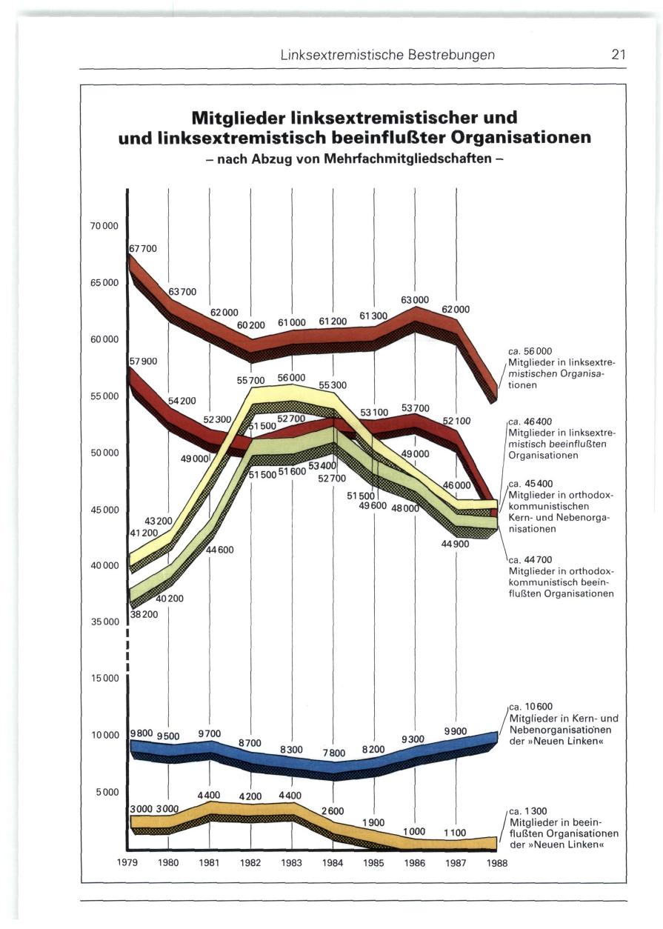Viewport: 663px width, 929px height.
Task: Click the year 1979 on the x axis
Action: (x=128, y=862)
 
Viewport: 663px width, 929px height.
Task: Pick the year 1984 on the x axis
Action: (x=333, y=862)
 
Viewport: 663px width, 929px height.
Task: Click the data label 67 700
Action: (x=143, y=249)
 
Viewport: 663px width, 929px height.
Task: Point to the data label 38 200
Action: (x=144, y=613)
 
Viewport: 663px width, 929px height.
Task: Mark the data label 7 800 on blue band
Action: (x=333, y=753)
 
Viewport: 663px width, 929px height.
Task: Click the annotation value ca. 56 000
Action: (x=530, y=351)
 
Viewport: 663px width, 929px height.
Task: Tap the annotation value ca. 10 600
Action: (x=532, y=707)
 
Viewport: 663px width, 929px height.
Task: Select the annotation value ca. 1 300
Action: (x=529, y=811)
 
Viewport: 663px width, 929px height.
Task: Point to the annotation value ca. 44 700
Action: (x=530, y=559)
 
